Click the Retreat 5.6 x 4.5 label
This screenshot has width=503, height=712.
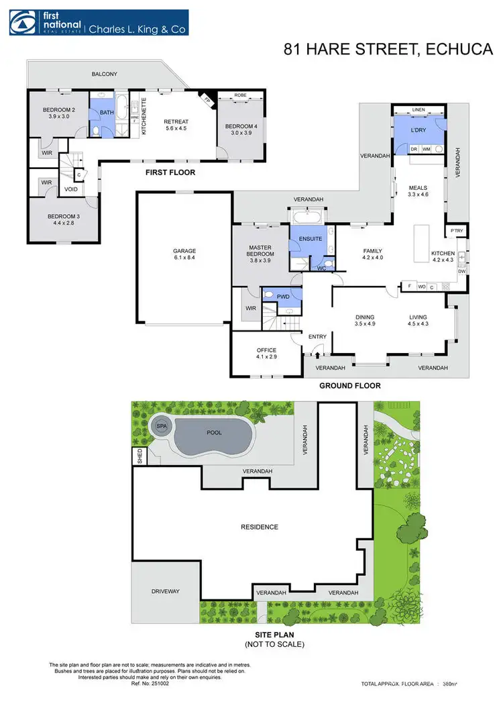[176, 126]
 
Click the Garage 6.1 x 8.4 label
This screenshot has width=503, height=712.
[184, 255]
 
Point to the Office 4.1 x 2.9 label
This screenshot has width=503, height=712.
[266, 354]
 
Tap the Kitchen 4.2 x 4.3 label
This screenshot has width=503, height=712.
[443, 256]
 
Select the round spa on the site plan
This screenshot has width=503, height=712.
[162, 426]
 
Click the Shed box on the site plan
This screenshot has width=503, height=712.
[140, 456]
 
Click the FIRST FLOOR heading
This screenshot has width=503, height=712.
[170, 172]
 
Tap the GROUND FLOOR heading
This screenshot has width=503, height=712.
[349, 386]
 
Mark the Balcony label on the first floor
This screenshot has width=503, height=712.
[104, 74]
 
